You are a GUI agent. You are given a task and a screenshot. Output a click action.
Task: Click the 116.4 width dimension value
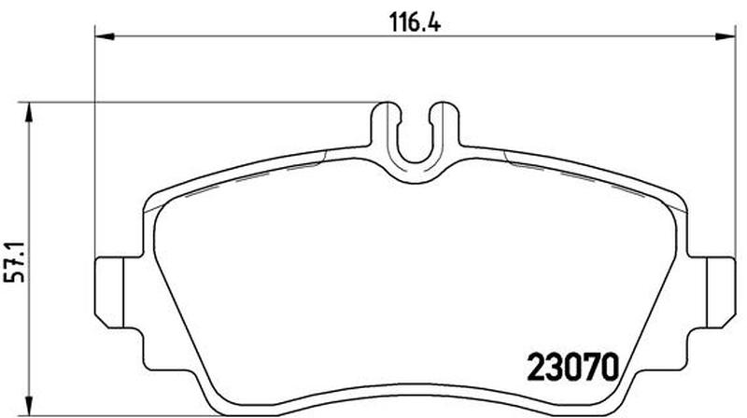[x=415, y=21]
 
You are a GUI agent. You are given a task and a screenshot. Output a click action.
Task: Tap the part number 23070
[x=572, y=367]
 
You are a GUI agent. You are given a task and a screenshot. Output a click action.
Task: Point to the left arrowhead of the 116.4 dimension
[x=105, y=36]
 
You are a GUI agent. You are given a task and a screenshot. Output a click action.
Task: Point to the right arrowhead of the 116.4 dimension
[x=726, y=36]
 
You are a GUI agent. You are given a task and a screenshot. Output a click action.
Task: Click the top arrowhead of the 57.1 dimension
[x=30, y=112]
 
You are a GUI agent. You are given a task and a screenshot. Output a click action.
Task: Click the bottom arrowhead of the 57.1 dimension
[x=30, y=405]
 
